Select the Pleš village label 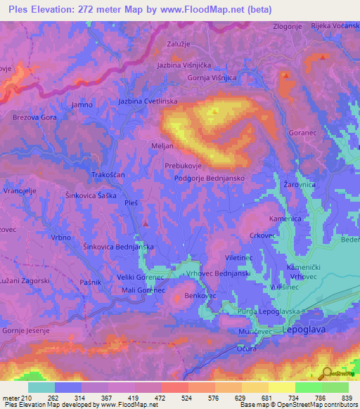click(x=131, y=203)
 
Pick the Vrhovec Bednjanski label click(x=220, y=272)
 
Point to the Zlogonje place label click(x=287, y=27)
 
